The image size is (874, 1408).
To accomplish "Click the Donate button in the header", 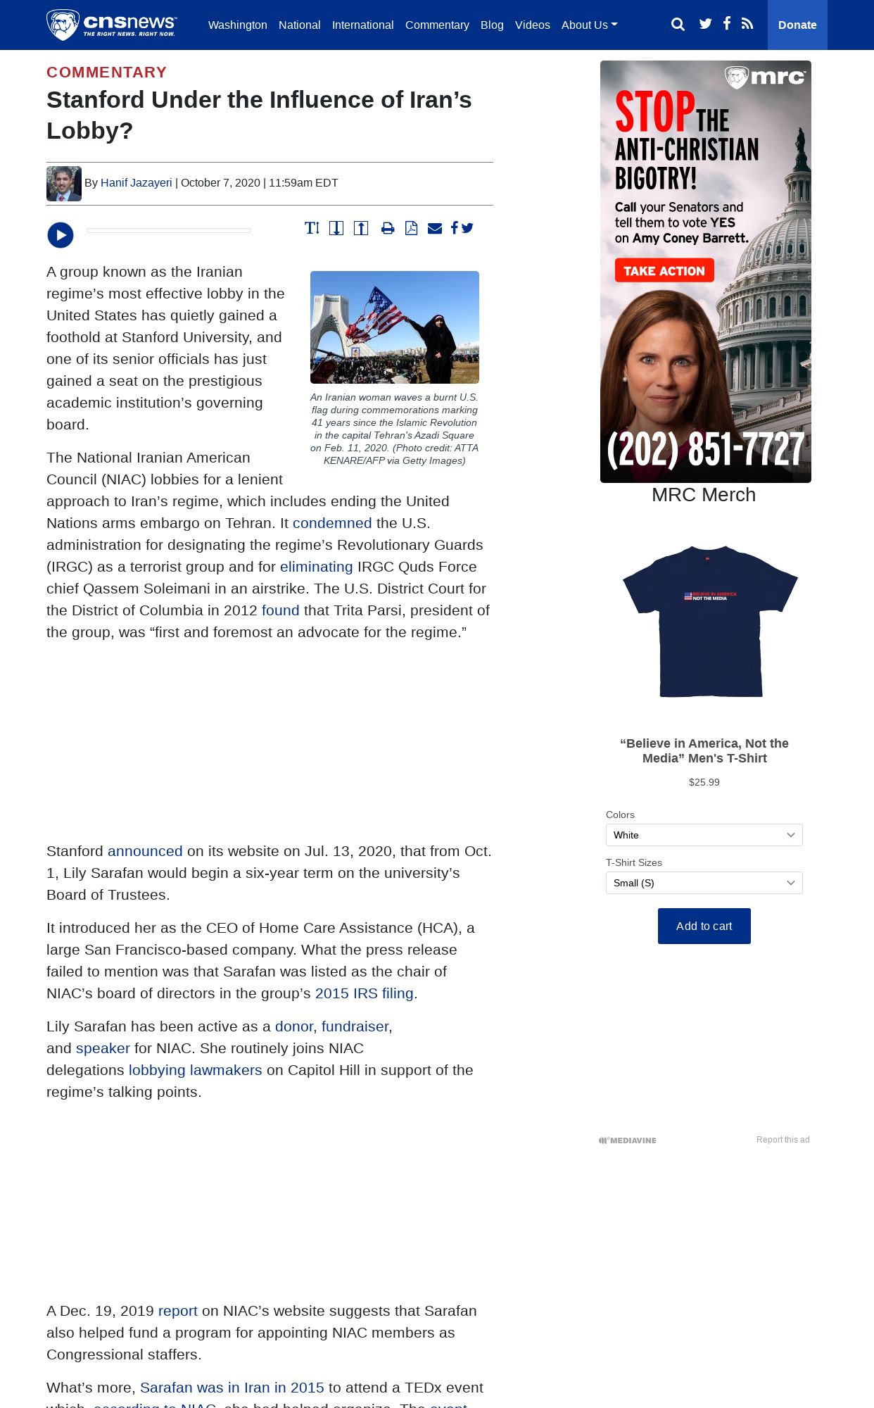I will pyautogui.click(x=797, y=25).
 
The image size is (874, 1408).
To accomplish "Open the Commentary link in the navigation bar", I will pyautogui.click(x=437, y=25).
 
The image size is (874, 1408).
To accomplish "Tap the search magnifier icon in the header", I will pyautogui.click(x=678, y=25).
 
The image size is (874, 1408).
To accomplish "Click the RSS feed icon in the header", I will pyautogui.click(x=747, y=24).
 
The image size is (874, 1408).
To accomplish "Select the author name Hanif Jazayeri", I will pyautogui.click(x=136, y=183).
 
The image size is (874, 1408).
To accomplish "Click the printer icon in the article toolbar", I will pyautogui.click(x=388, y=228).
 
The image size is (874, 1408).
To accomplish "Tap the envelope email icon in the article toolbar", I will pyautogui.click(x=435, y=228).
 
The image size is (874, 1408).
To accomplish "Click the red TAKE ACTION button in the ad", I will pyautogui.click(x=664, y=271).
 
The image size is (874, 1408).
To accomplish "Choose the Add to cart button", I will pyautogui.click(x=704, y=926).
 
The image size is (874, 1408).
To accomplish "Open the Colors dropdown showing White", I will pyautogui.click(x=704, y=835).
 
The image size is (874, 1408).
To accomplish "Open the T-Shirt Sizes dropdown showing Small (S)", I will pyautogui.click(x=704, y=883).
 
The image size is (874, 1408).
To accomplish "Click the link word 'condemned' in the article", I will pyautogui.click(x=332, y=523).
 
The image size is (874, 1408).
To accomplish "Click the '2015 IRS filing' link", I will pyautogui.click(x=364, y=993).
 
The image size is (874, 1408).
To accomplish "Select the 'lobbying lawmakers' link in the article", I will pyautogui.click(x=195, y=1070).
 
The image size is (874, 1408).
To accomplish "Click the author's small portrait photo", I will pyautogui.click(x=64, y=184).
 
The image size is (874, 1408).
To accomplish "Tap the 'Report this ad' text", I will pyautogui.click(x=783, y=1140).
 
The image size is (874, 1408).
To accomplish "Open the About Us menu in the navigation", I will pyautogui.click(x=589, y=25).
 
